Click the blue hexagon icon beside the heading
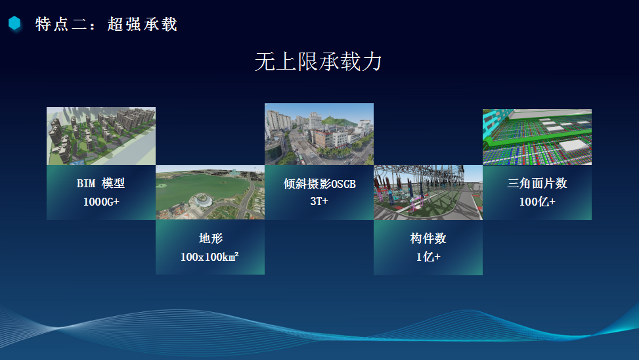[14, 23]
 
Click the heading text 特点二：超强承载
[106, 24]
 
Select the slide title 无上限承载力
[319, 62]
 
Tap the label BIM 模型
[100, 183]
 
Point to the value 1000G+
[101, 202]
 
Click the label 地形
[211, 238]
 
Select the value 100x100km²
[209, 257]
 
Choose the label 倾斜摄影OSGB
[319, 184]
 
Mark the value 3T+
[319, 201]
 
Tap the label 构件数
[428, 238]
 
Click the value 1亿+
[428, 257]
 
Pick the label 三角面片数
[537, 183]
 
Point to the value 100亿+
[537, 202]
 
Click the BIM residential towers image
[101, 136]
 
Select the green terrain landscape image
[210, 192]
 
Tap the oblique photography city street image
[319, 134]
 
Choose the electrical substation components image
[428, 192]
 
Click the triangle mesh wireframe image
[537, 137]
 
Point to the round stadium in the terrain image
[202, 200]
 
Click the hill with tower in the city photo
[338, 120]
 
